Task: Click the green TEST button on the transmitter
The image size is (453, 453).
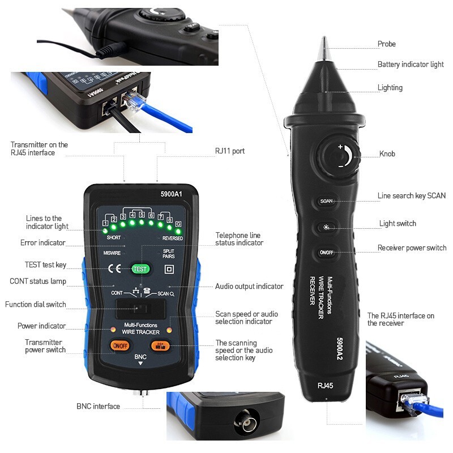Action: pos(140,270)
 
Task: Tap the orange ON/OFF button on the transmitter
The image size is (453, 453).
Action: pos(120,345)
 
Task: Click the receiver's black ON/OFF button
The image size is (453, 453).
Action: pos(326,253)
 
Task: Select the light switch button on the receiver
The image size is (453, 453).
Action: pos(326,226)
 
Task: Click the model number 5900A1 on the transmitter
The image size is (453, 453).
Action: pos(170,194)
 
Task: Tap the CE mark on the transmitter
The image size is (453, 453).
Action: pos(114,270)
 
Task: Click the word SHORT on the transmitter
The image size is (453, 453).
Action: pos(114,238)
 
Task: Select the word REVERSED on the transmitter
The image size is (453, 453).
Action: pos(172,238)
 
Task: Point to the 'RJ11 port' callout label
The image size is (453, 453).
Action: pos(230,151)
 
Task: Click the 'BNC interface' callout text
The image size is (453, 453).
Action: pos(98,406)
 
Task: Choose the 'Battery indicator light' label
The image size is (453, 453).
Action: pos(411,65)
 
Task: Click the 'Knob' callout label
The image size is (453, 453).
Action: pos(387,154)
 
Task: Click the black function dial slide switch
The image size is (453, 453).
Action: pos(140,309)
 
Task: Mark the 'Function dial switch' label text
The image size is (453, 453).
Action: pos(36,305)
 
